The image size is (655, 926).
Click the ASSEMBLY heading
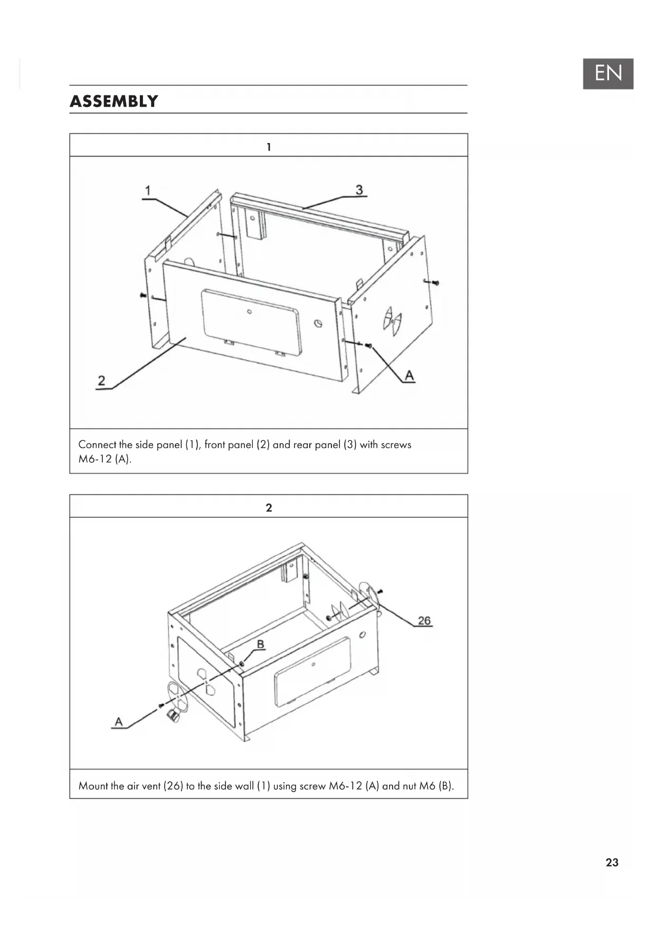pyautogui.click(x=114, y=101)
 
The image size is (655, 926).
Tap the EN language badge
pyautogui.click(x=608, y=73)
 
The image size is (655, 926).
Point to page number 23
pyautogui.click(x=612, y=862)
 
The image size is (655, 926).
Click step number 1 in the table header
pyautogui.click(x=269, y=147)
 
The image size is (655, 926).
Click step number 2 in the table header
pyautogui.click(x=269, y=507)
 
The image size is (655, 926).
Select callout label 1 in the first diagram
pyautogui.click(x=148, y=190)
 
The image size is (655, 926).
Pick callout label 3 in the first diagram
pyautogui.click(x=359, y=190)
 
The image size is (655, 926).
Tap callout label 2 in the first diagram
pyautogui.click(x=101, y=380)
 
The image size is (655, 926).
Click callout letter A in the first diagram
pyautogui.click(x=409, y=375)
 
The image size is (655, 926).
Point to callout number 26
pyautogui.click(x=424, y=620)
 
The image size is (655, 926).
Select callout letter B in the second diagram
pyautogui.click(x=260, y=644)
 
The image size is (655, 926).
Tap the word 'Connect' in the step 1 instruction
pyautogui.click(x=97, y=445)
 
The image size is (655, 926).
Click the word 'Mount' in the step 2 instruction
pyautogui.click(x=93, y=786)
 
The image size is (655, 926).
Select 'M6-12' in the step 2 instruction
pyautogui.click(x=345, y=786)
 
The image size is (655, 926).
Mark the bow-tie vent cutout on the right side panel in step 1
pyautogui.click(x=393, y=321)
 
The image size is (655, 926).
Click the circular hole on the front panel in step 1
pyautogui.click(x=318, y=323)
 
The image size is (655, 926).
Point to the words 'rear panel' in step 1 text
pyautogui.click(x=317, y=445)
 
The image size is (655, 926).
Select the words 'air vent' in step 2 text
pyautogui.click(x=144, y=786)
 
